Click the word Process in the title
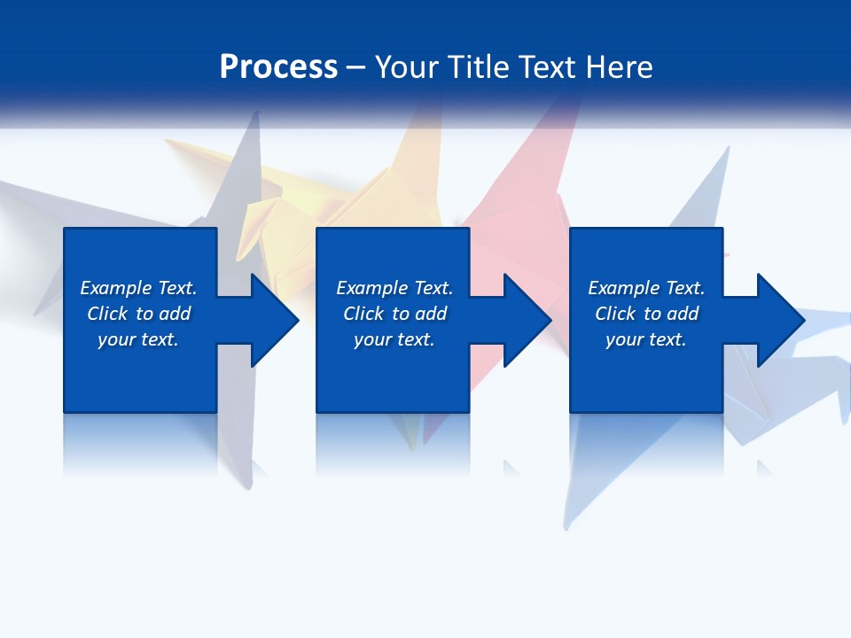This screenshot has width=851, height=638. click(x=278, y=67)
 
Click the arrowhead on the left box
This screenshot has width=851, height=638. click(x=273, y=320)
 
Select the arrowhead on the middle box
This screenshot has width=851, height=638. click(x=526, y=320)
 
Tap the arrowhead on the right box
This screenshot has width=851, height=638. click(x=778, y=320)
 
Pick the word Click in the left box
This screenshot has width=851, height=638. click(x=108, y=314)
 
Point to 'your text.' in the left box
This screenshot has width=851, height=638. click(x=138, y=339)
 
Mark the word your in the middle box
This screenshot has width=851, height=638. click(x=372, y=339)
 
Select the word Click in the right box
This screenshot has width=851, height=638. click(x=616, y=314)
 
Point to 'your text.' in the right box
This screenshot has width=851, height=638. click(x=646, y=339)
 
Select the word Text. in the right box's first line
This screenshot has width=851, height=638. click(x=684, y=288)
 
